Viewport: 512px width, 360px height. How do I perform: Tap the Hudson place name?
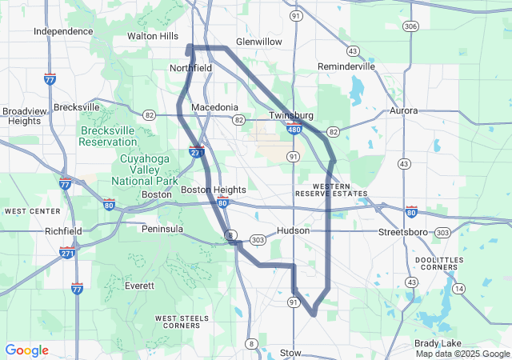pyautogui.click(x=292, y=230)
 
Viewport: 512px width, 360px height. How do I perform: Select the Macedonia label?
pyautogui.click(x=214, y=107)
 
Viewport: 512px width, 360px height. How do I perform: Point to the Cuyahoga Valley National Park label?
pyautogui.click(x=130, y=170)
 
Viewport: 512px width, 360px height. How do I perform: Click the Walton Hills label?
pyautogui.click(x=153, y=36)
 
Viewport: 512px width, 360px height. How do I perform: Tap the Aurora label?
pyautogui.click(x=403, y=110)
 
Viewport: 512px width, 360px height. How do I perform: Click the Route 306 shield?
pyautogui.click(x=410, y=26)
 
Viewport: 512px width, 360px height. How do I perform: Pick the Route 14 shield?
pyautogui.click(x=458, y=288)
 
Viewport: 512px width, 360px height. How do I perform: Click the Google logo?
pyautogui.click(x=26, y=350)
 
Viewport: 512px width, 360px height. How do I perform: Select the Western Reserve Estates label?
pyautogui.click(x=330, y=190)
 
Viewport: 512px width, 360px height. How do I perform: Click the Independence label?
pyautogui.click(x=63, y=31)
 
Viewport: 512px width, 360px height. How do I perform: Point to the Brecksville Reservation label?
pyautogui.click(x=107, y=136)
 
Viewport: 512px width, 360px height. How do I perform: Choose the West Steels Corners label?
pyautogui.click(x=178, y=322)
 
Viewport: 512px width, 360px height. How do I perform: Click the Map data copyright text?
pyautogui.click(x=461, y=354)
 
